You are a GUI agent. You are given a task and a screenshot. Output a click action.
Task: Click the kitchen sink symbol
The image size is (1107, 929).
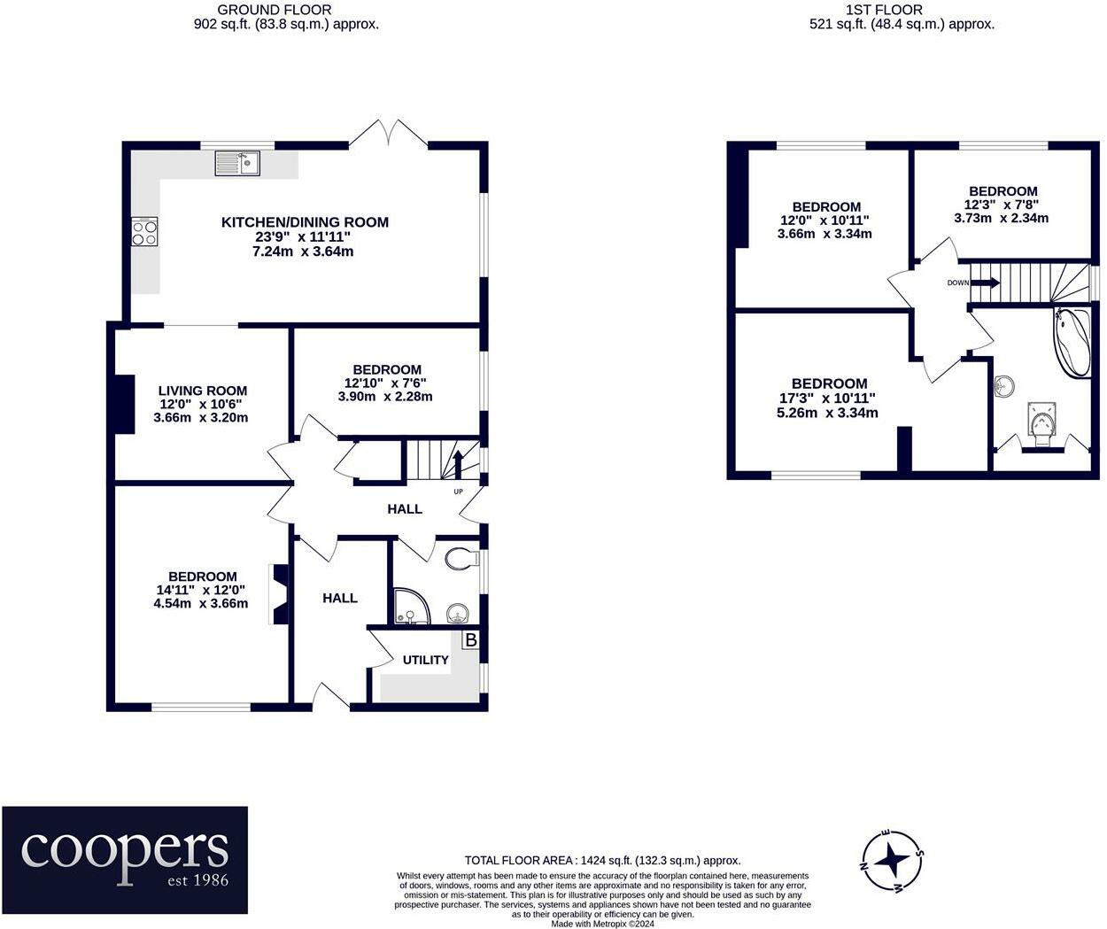[x=236, y=164]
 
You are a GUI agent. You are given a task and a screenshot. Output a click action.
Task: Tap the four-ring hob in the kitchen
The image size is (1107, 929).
[x=144, y=232]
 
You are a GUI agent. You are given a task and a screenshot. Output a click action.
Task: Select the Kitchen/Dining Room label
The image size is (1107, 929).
[x=304, y=222]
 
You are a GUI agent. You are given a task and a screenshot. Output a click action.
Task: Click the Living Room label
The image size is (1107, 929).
[x=203, y=391]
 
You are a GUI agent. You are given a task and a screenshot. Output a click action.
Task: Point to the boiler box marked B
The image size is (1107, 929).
[x=470, y=639]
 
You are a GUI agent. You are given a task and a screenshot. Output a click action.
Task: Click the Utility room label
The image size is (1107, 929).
[x=425, y=660]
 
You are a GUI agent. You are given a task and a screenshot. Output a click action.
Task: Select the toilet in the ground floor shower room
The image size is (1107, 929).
[x=459, y=559]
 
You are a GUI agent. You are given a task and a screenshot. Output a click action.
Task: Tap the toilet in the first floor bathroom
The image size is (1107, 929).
[x=1041, y=422]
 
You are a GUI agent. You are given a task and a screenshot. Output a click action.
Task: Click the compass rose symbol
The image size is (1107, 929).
[x=894, y=860]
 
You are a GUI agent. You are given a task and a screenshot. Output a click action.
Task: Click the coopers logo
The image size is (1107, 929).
[x=125, y=859]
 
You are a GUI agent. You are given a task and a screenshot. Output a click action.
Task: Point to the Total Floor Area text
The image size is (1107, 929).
[x=602, y=860]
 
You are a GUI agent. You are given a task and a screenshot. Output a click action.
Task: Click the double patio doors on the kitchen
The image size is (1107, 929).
[x=389, y=134]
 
